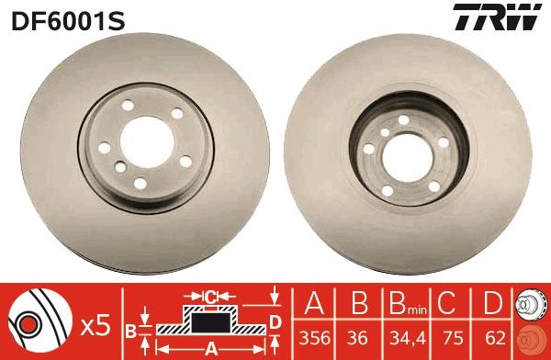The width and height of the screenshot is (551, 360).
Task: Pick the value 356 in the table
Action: [x=315, y=336]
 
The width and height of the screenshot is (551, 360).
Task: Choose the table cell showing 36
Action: [x=359, y=336]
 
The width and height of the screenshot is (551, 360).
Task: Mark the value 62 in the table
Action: [x=492, y=336]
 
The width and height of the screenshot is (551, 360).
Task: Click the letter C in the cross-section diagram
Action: [x=209, y=297]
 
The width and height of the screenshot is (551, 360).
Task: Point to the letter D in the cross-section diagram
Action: [x=274, y=321]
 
